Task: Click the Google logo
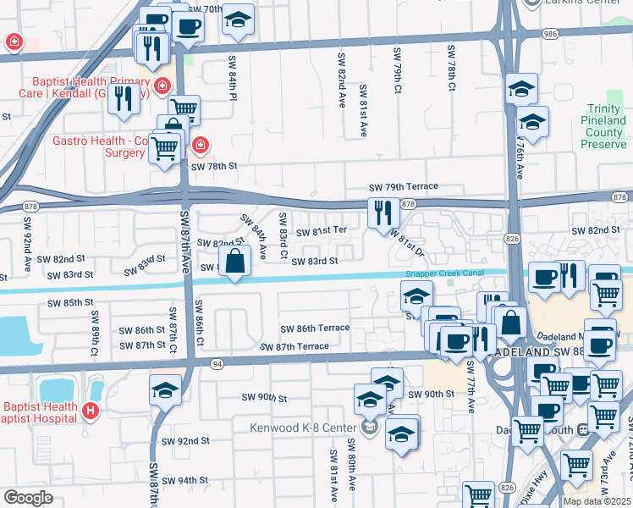click(28, 498)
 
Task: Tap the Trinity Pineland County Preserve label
click(603, 127)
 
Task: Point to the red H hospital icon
click(91, 412)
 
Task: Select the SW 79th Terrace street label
click(403, 186)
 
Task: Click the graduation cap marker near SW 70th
click(239, 20)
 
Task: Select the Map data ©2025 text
click(597, 501)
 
